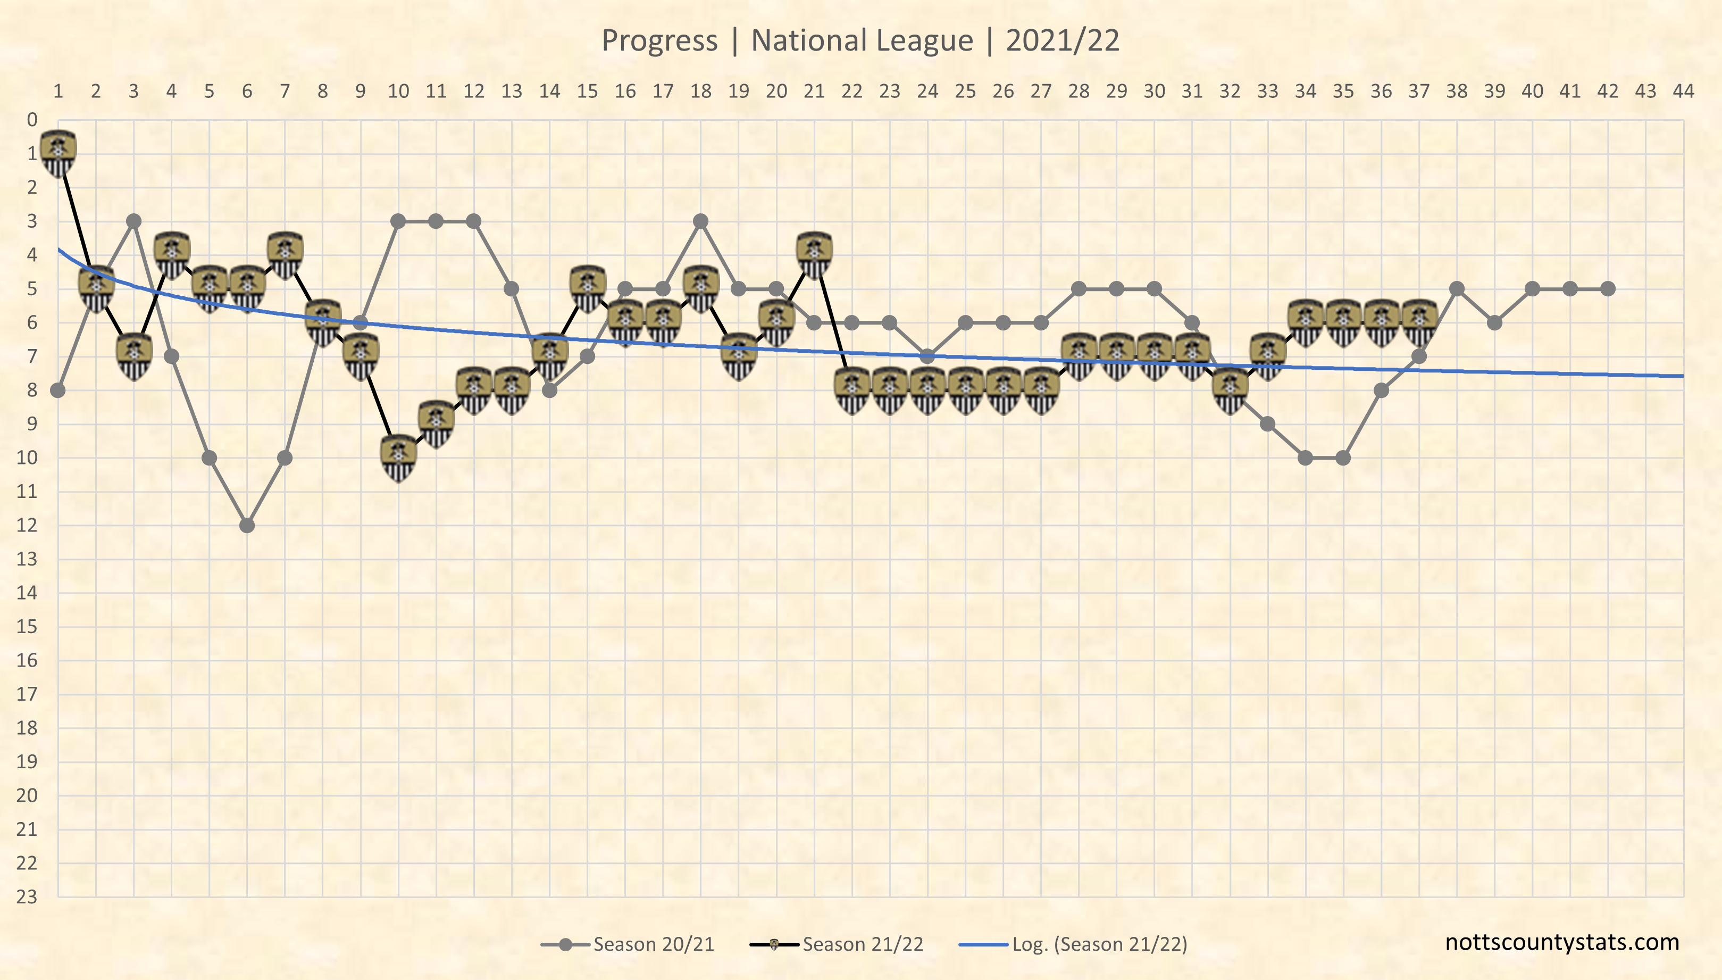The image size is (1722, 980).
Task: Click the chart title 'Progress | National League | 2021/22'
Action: [860, 40]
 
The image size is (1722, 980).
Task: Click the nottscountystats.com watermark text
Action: [1562, 942]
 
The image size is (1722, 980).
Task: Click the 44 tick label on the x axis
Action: [1684, 91]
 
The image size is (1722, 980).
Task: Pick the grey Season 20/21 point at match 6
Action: [247, 525]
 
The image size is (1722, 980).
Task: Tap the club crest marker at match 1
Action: [58, 153]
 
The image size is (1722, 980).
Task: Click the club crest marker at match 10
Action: [398, 458]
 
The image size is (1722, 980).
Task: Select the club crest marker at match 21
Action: [814, 255]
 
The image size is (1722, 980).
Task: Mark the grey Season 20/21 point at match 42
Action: [1608, 289]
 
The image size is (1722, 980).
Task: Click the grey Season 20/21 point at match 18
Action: [701, 221]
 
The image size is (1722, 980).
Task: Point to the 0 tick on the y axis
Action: [31, 120]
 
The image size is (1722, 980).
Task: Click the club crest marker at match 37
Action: [1419, 322]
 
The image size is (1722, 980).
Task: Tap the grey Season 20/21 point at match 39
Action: [1494, 322]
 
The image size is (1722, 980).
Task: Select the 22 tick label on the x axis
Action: [851, 91]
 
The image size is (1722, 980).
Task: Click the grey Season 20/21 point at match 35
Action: [1343, 458]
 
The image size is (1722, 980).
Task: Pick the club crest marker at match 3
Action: [134, 356]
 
